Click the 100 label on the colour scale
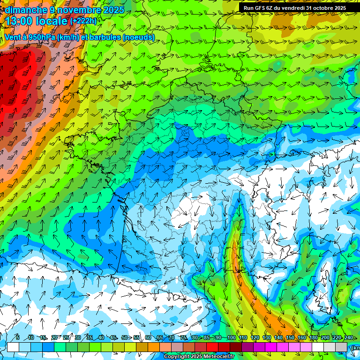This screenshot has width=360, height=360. [x=231, y=337]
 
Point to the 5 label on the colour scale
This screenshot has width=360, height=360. [x=18, y=337]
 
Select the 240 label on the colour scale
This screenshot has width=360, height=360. [x=349, y=337]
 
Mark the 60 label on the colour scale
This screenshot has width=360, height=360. [x=148, y=337]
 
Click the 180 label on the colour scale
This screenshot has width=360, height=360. [x=313, y=337]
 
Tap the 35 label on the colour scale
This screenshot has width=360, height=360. [x=89, y=337]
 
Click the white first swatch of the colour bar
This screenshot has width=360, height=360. [x=13, y=347]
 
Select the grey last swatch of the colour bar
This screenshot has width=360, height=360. [x=341, y=347]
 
